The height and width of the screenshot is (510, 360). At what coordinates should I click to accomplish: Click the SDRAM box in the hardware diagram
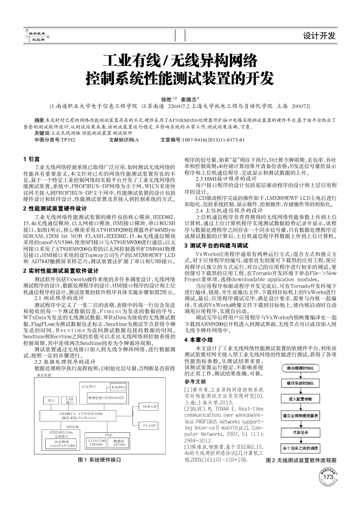[x=150, y=406]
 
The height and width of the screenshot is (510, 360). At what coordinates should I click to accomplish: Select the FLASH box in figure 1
[x=150, y=426]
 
